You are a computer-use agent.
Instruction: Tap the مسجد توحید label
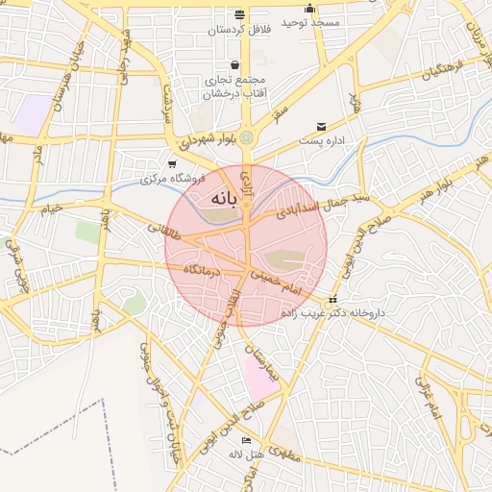[x=310, y=21]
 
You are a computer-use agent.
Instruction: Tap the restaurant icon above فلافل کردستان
[x=239, y=15]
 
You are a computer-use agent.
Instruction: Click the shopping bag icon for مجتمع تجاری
[x=235, y=65]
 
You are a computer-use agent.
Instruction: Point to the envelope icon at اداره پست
[x=321, y=127]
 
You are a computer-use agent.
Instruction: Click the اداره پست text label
[x=322, y=141]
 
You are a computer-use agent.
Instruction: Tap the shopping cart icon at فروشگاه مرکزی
[x=172, y=164]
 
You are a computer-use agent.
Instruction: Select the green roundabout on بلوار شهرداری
[x=247, y=137]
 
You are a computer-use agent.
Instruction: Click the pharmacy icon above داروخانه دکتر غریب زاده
[x=332, y=299]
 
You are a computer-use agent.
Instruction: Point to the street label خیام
[x=50, y=208]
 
